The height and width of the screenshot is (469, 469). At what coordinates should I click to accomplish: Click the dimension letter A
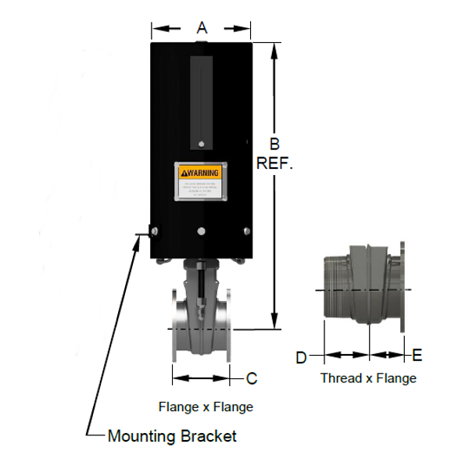pyautogui.click(x=201, y=28)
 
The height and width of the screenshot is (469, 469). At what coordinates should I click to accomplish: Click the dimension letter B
pyautogui.click(x=274, y=144)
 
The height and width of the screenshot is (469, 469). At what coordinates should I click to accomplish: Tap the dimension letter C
pyautogui.click(x=252, y=379)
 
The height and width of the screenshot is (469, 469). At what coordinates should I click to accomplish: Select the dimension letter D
pyautogui.click(x=301, y=357)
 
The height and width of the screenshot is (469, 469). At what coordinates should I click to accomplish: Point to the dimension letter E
pyautogui.click(x=417, y=356)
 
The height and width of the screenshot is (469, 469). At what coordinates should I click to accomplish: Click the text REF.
pyautogui.click(x=274, y=164)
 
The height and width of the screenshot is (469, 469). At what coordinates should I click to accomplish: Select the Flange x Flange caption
pyautogui.click(x=206, y=406)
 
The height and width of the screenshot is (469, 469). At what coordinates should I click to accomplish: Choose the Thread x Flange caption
pyautogui.click(x=368, y=378)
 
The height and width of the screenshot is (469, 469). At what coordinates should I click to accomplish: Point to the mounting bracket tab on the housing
pyautogui.click(x=141, y=233)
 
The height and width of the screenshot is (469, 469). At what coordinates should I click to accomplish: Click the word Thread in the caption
pyautogui.click(x=338, y=378)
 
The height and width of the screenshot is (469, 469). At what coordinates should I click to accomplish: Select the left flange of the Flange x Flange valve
pyautogui.click(x=175, y=328)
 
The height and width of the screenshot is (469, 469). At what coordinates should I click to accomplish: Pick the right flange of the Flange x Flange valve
pyautogui.click(x=229, y=328)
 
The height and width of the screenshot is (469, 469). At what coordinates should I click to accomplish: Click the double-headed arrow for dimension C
pyautogui.click(x=202, y=379)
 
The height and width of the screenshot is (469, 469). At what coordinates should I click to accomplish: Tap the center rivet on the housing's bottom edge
pyautogui.click(x=202, y=231)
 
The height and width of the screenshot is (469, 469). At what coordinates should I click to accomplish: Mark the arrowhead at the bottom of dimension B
pyautogui.click(x=274, y=322)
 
